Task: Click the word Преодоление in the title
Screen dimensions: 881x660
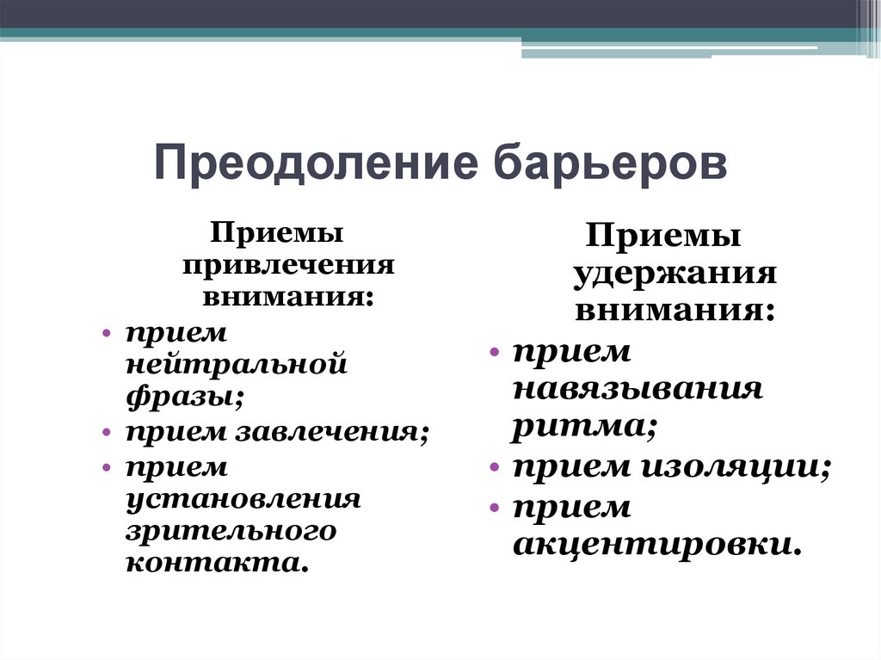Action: (x=317, y=164)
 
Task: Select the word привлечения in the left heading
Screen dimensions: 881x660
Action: (x=288, y=265)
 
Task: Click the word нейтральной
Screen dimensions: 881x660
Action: (x=237, y=364)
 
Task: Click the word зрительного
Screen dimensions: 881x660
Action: (x=231, y=532)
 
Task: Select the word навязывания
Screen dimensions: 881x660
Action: (x=638, y=389)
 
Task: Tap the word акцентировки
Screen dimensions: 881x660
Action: (x=656, y=546)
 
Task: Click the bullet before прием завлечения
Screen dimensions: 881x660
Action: (x=108, y=433)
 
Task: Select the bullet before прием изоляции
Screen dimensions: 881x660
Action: (x=495, y=466)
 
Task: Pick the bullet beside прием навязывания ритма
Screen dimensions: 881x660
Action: (x=495, y=353)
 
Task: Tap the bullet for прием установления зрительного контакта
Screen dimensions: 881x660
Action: (x=108, y=467)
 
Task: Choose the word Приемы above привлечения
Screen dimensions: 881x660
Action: (x=276, y=231)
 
